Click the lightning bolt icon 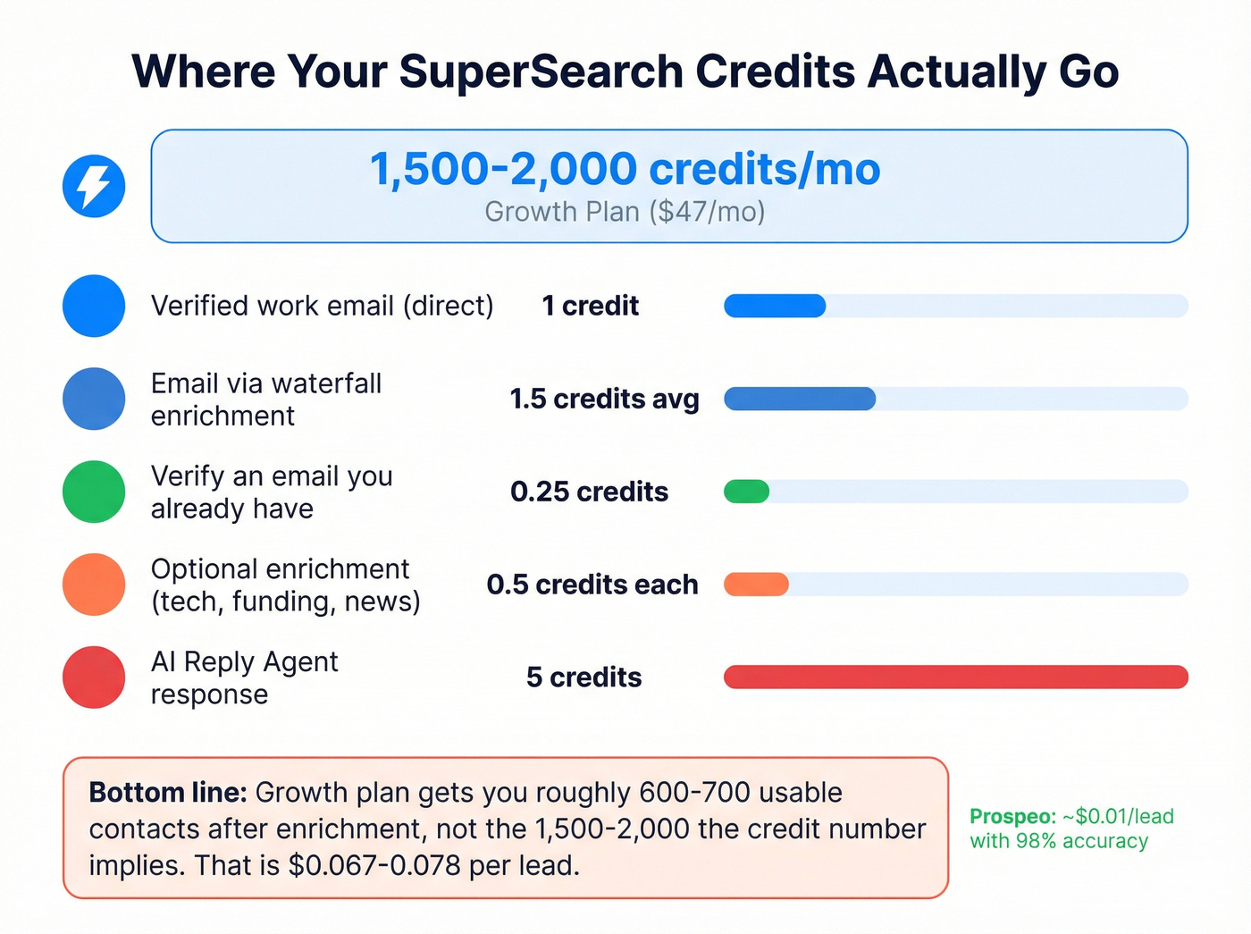(94, 186)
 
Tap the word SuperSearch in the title (541, 72)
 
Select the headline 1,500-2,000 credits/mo (625, 169)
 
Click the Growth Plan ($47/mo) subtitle (625, 212)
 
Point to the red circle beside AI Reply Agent (94, 677)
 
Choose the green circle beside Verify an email (94, 492)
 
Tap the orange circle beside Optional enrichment (94, 585)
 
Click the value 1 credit (590, 306)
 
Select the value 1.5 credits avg (604, 399)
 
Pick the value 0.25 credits (589, 492)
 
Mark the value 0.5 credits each (592, 585)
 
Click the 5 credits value (584, 677)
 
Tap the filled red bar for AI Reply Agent (955, 677)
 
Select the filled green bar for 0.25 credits (746, 492)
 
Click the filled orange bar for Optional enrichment (756, 585)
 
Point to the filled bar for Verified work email (775, 306)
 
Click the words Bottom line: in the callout (167, 793)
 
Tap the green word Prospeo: (1012, 817)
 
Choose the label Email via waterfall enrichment (265, 400)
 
